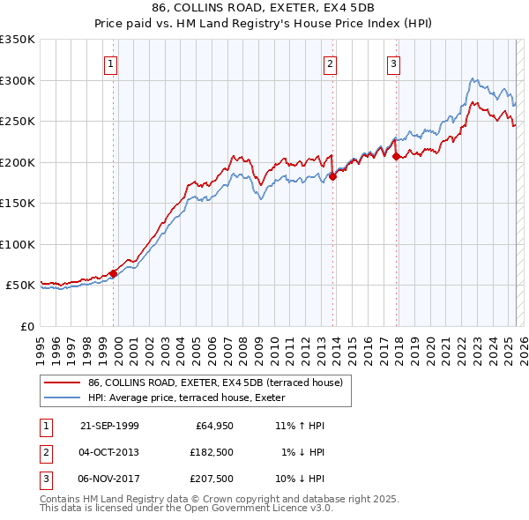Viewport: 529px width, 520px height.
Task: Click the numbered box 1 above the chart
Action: coord(112,63)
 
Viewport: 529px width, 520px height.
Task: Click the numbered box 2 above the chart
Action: coord(330,63)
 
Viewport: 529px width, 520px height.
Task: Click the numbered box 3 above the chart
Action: coord(393,63)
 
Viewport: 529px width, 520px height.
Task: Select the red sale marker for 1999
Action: coord(113,273)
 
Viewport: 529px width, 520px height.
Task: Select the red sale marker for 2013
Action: coord(333,176)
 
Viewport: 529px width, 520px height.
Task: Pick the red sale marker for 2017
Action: coord(396,156)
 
